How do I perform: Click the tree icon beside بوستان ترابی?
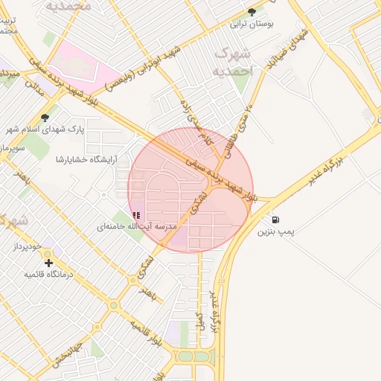click(x=252, y=11)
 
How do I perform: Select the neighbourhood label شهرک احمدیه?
click(x=233, y=63)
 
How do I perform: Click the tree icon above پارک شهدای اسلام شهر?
click(x=45, y=117)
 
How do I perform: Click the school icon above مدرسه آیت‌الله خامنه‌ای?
click(x=135, y=214)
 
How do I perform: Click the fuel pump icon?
click(x=276, y=220)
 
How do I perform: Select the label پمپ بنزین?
click(x=276, y=232)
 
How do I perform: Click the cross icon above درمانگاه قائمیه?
click(x=48, y=263)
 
